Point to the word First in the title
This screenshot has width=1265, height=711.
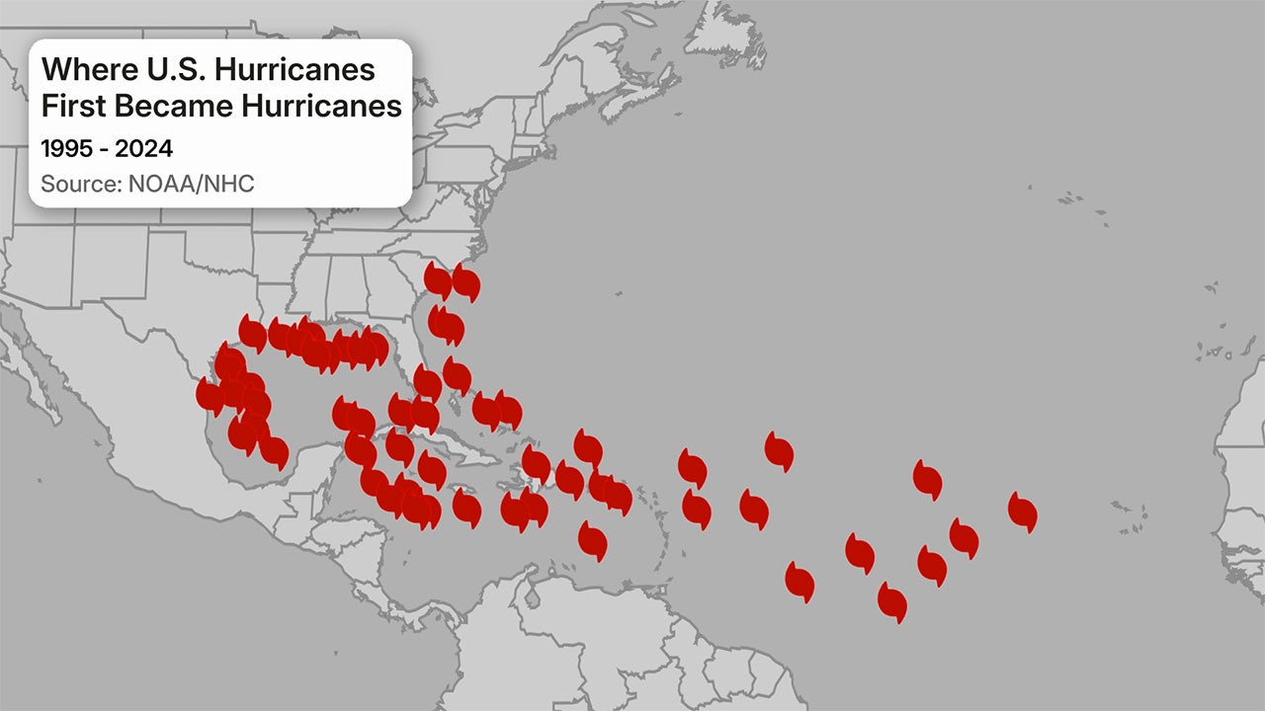point(73,106)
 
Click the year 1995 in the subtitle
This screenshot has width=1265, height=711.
point(65,149)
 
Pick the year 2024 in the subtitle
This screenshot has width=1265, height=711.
point(144,149)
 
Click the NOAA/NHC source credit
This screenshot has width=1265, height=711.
point(191,184)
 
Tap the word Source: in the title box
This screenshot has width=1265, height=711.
point(81,184)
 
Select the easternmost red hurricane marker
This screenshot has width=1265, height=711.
point(1023,512)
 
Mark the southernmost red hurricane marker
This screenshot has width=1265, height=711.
point(891,601)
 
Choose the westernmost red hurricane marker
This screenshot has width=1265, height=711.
point(210,395)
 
